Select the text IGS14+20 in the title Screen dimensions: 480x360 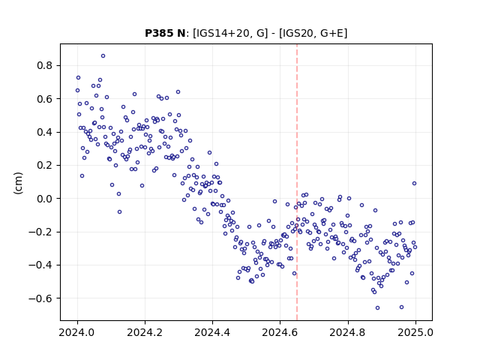click(x=222, y=33)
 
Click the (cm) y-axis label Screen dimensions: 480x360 click(x=18, y=183)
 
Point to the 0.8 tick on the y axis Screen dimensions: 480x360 click(x=44, y=65)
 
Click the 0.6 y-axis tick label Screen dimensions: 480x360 click(x=44, y=99)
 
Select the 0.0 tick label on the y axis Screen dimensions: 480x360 click(x=44, y=199)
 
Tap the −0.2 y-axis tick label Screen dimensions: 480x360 click(x=40, y=232)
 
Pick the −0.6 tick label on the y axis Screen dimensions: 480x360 click(x=40, y=298)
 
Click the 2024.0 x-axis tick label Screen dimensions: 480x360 click(x=77, y=332)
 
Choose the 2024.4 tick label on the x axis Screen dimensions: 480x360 click(x=212, y=332)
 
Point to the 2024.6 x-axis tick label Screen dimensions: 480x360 click(x=280, y=332)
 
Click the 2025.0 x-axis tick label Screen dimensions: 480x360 click(x=415, y=332)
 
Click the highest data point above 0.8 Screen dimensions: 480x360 click(x=103, y=56)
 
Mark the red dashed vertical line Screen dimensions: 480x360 click(x=297, y=182)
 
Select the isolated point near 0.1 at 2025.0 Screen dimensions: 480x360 click(x=414, y=183)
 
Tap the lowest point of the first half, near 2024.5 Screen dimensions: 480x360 click(x=252, y=281)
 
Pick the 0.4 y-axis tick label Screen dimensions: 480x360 click(x=44, y=132)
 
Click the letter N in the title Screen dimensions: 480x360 click(x=181, y=33)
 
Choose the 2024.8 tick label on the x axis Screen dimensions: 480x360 click(x=348, y=332)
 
